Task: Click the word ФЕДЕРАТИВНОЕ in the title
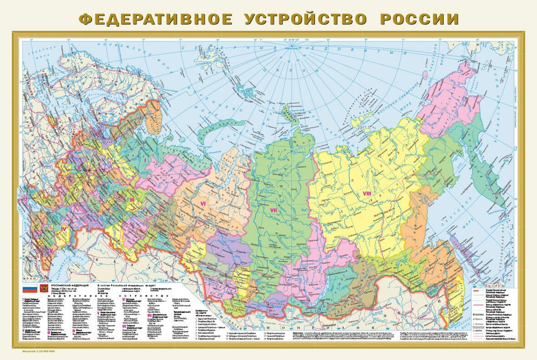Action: (156, 19)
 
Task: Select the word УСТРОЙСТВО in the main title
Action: (306, 19)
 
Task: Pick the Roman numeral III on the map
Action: (132, 199)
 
